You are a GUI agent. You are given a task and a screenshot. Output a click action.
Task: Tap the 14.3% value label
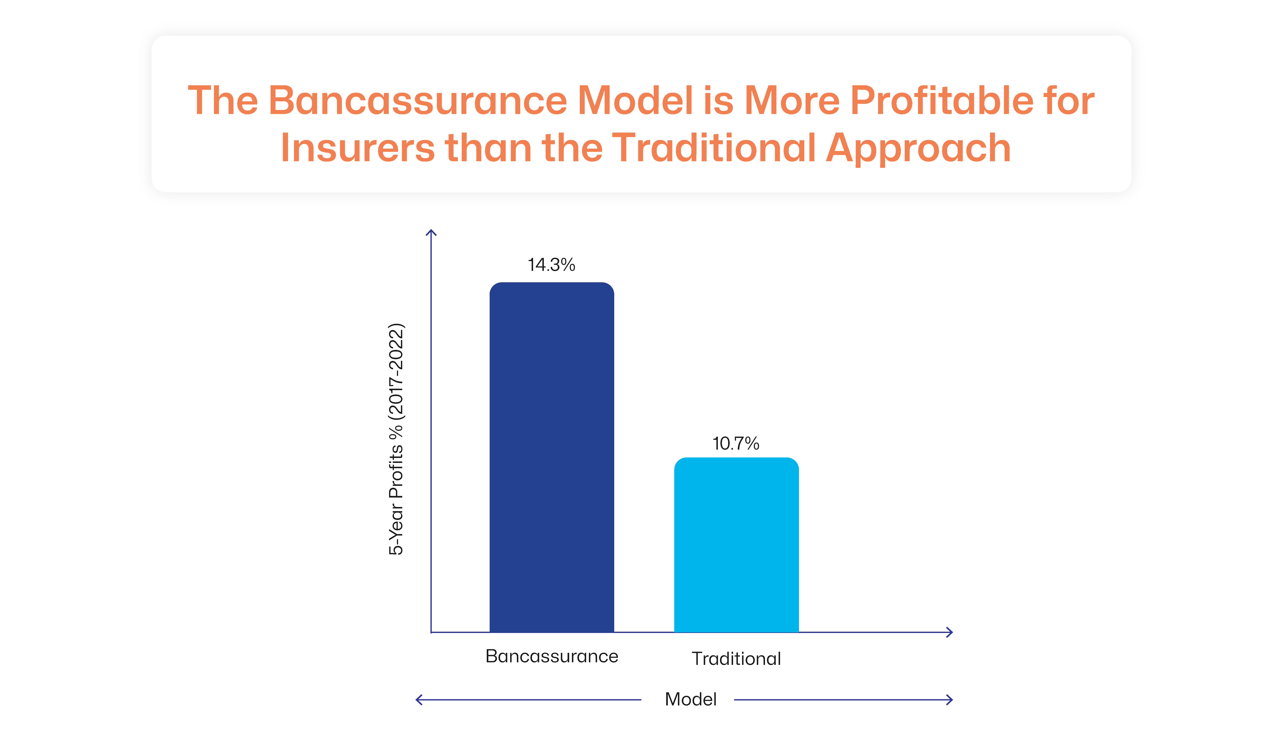pos(551,265)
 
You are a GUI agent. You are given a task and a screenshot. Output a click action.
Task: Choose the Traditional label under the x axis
pos(736,659)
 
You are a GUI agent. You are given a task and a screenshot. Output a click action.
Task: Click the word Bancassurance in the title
pos(417,100)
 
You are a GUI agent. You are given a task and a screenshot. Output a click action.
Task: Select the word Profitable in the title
pos(942,100)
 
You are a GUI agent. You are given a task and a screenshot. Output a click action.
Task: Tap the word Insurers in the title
pos(357,148)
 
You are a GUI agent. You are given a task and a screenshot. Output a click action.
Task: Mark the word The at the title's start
pos(223,100)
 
